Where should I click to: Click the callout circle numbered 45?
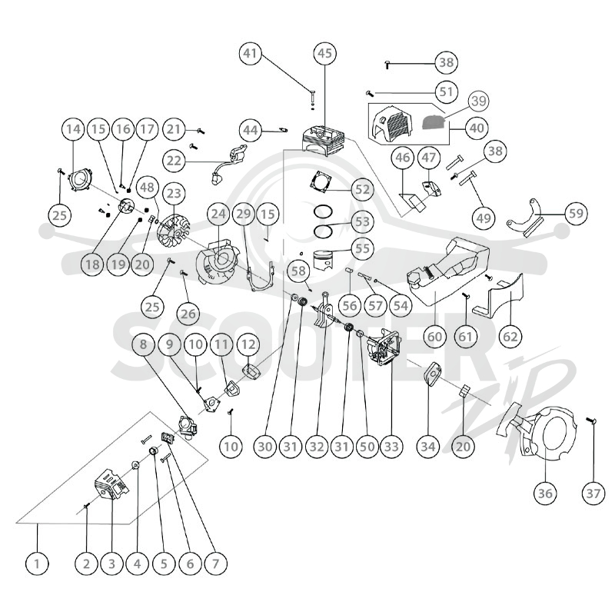pos(324,53)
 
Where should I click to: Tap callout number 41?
pos(251,53)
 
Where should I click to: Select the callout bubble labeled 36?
pos(546,493)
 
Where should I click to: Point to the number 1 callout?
pos(37,563)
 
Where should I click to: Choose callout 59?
pos(576,214)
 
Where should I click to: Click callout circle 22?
pos(175,161)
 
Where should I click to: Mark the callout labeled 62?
pos(510,336)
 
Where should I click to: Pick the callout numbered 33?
pos(392,446)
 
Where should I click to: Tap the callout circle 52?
pos(362,190)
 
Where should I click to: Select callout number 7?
pos(215,563)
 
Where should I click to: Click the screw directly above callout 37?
pos(591,421)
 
